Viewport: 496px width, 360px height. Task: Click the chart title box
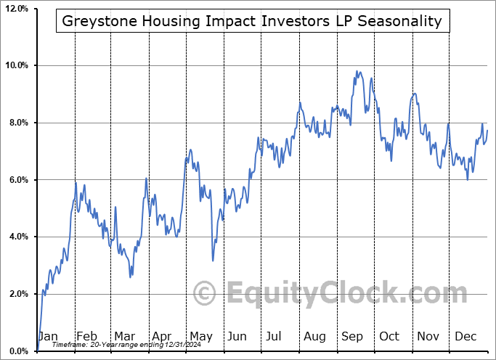click(x=252, y=21)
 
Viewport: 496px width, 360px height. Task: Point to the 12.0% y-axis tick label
click(x=17, y=9)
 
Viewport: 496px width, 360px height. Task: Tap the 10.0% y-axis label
click(x=17, y=65)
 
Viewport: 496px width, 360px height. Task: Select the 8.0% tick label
click(x=18, y=123)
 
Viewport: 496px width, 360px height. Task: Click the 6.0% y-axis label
click(x=18, y=180)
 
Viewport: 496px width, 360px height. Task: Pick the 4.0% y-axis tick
click(x=18, y=237)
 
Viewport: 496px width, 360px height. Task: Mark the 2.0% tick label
click(x=18, y=294)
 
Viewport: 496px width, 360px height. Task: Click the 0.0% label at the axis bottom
click(x=18, y=351)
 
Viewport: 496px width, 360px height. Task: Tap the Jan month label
click(x=47, y=336)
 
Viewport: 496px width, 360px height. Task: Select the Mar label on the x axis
click(x=124, y=336)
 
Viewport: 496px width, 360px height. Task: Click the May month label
click(x=200, y=336)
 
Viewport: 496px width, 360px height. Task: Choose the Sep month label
click(x=352, y=336)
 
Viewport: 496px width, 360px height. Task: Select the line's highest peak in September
click(x=357, y=71)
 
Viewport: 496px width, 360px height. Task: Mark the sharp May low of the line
click(x=213, y=261)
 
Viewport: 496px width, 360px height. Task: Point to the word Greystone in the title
click(x=93, y=21)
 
